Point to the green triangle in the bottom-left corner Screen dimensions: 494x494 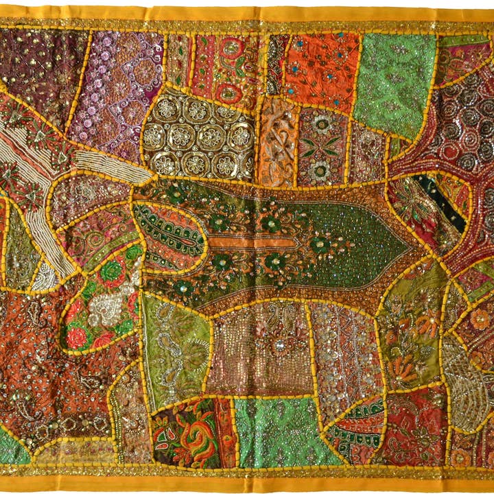[12, 449]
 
